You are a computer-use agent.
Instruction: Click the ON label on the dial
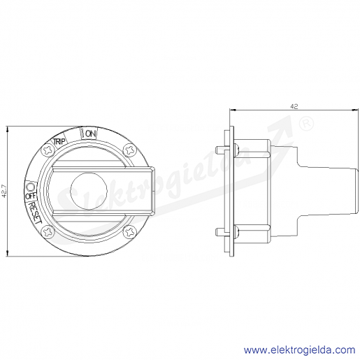pos(91,134)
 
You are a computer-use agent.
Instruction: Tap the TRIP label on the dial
pos(59,141)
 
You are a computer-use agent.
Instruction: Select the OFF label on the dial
pos(31,196)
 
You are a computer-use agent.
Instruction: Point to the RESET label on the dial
pos(35,213)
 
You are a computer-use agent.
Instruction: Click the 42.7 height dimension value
pos(4,192)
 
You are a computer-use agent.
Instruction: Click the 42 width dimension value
pos(294,106)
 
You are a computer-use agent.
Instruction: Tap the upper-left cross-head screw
pos(48,151)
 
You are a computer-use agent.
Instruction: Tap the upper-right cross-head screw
pos(129,150)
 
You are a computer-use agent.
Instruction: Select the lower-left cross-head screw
pos(48,232)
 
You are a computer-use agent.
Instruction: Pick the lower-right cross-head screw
pos(129,232)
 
